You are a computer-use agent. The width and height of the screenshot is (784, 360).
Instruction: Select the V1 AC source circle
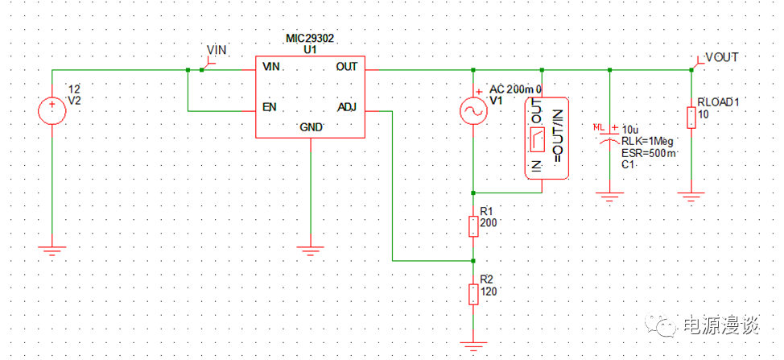click(472, 112)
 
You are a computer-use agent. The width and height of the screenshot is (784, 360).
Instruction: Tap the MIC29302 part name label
click(310, 38)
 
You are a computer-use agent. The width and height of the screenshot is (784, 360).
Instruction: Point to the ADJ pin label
click(346, 107)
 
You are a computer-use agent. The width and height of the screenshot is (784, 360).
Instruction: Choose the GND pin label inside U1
click(311, 127)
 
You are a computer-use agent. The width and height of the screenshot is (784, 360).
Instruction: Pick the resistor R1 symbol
click(473, 224)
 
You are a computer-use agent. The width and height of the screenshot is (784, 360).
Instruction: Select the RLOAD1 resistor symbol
click(691, 117)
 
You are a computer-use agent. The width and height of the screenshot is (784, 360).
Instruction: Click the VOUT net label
click(721, 57)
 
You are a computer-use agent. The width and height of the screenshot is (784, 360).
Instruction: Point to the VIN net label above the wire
click(217, 50)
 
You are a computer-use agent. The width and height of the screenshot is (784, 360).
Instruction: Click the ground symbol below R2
click(473, 347)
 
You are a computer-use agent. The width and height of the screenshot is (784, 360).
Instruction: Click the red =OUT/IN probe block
click(547, 138)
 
